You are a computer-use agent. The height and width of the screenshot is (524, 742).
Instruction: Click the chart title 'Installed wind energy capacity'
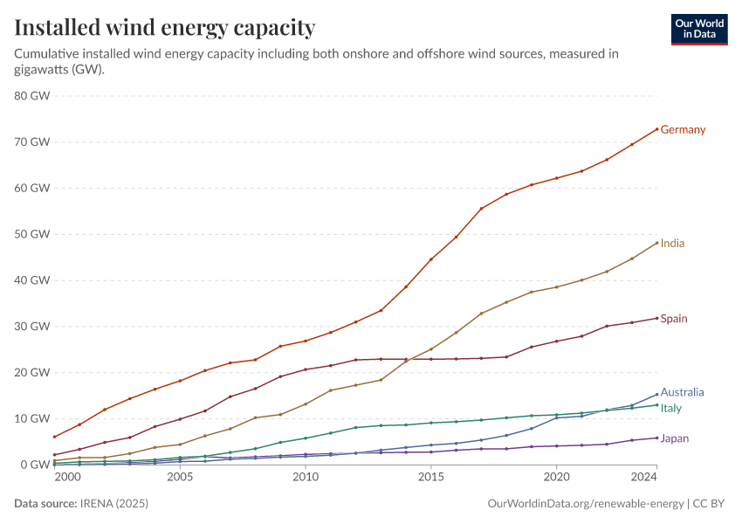tap(164, 28)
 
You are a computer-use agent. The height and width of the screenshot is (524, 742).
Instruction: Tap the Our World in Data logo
tap(698, 29)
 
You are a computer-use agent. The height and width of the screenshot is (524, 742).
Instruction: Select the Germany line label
tap(683, 129)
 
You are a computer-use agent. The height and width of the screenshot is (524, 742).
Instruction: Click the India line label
tap(672, 243)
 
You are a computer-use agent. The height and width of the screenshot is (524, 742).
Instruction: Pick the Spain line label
tap(674, 319)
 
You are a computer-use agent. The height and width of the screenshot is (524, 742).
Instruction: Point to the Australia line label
tap(682, 392)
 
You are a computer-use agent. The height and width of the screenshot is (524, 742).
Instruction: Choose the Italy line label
tap(671, 408)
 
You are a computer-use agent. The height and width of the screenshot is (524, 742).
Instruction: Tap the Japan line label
tap(674, 438)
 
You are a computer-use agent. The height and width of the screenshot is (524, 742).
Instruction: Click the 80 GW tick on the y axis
tap(33, 95)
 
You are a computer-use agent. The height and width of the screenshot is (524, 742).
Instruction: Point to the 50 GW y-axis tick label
tap(33, 234)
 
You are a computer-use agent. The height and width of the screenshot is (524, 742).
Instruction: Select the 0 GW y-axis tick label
tap(36, 465)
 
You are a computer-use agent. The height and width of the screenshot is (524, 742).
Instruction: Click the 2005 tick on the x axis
tap(180, 478)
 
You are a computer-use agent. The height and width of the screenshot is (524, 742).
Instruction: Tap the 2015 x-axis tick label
tap(430, 478)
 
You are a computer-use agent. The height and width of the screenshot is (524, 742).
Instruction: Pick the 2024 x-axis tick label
tap(643, 478)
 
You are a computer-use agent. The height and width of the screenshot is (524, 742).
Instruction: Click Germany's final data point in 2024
tap(656, 129)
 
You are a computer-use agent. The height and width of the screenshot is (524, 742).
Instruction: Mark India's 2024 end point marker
tap(656, 243)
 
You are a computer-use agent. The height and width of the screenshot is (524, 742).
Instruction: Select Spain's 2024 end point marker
tap(656, 318)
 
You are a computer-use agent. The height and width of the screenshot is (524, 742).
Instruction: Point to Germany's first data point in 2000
tap(54, 437)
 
